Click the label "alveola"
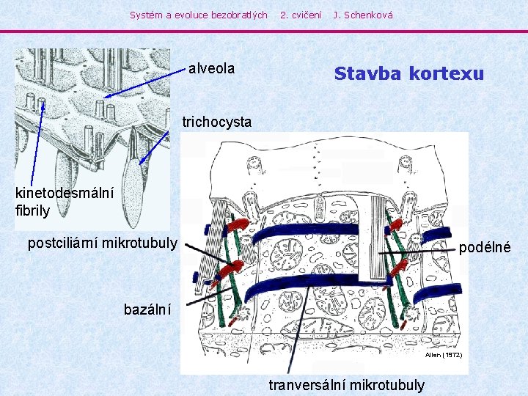click(x=211, y=69)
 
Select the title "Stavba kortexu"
click(x=408, y=74)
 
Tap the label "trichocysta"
click(x=216, y=122)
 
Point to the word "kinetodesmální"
click(x=65, y=194)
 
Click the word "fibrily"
click(x=32, y=210)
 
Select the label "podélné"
click(x=485, y=248)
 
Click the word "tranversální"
click(x=308, y=385)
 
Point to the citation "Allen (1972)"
click(x=444, y=355)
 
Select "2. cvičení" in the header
click(x=301, y=15)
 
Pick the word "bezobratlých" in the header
click(x=239, y=15)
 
